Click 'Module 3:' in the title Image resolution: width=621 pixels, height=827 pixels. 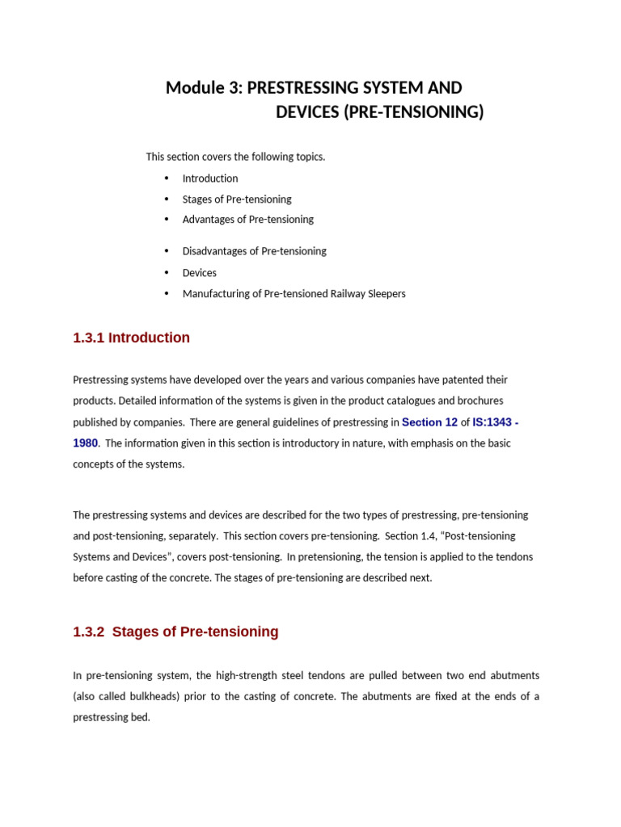[204, 88]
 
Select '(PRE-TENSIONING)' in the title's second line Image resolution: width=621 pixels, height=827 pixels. [413, 112]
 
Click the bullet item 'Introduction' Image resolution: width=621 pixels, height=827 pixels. [210, 178]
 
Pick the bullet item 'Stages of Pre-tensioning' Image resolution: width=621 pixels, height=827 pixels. [237, 199]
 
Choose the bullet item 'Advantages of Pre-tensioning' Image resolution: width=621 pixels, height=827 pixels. [247, 220]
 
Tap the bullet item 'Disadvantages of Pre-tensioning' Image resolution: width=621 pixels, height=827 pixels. [254, 251]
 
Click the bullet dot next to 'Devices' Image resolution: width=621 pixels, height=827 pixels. [167, 273]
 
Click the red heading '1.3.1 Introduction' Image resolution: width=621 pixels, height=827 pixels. [131, 338]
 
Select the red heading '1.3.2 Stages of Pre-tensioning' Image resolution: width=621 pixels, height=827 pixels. [175, 632]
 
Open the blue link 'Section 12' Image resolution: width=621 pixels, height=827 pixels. [429, 422]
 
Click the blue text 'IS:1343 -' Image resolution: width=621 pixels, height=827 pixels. [496, 422]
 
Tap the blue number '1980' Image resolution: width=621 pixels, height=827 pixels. [85, 443]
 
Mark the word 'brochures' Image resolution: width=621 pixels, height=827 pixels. [480, 401]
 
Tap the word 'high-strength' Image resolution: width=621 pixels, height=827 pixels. [244, 675]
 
